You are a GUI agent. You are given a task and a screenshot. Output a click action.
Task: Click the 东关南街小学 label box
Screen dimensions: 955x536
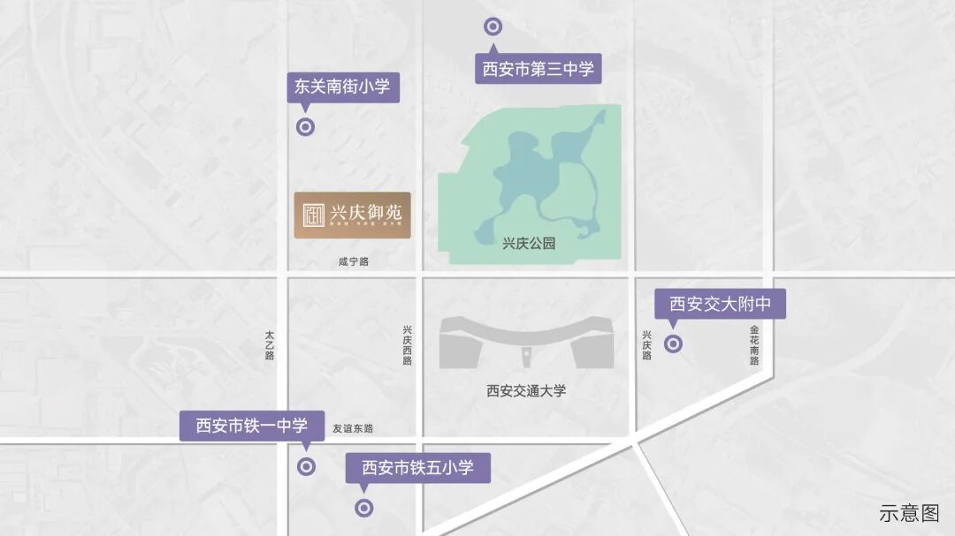341,87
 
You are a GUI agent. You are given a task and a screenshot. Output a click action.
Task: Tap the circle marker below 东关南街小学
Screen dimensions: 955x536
305,126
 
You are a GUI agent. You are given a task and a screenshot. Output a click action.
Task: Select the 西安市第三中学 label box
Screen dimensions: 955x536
538,68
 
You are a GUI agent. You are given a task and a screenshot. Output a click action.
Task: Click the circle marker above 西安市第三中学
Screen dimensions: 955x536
493,26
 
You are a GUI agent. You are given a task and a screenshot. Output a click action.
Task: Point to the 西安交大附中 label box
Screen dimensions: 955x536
720,305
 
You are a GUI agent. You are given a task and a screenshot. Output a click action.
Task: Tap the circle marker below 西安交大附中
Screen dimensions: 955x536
673,344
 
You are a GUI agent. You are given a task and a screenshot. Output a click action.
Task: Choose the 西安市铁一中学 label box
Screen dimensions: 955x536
252,426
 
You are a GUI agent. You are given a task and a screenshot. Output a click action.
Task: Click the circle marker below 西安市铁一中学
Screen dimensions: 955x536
306,467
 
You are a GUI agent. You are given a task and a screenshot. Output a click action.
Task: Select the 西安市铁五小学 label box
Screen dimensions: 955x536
417,467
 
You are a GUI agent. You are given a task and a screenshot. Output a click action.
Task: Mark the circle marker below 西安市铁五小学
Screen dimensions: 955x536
363,508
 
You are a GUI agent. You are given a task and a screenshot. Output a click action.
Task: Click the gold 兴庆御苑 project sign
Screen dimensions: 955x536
352,215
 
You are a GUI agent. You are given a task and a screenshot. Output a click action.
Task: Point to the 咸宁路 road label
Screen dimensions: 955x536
353,262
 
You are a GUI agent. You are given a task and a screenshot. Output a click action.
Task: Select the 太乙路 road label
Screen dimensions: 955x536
270,344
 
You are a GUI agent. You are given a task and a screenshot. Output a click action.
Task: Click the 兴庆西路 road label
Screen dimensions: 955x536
407,343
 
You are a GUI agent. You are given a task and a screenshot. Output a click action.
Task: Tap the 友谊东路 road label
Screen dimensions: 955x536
353,428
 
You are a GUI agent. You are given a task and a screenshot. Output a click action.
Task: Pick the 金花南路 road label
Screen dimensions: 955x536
754,343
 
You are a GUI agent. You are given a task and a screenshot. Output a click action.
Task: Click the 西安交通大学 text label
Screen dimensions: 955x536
526,391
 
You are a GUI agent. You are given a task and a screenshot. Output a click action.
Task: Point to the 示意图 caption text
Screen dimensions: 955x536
909,512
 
